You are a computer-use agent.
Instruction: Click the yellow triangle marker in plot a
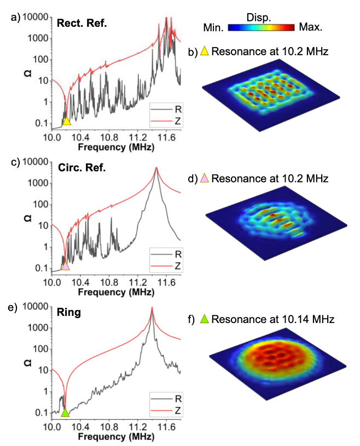(x=66, y=121)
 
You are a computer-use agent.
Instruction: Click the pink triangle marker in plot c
(x=66, y=266)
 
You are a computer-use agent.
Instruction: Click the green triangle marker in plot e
(x=65, y=413)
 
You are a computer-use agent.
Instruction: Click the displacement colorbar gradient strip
(x=262, y=26)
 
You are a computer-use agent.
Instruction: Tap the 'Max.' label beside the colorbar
(x=310, y=26)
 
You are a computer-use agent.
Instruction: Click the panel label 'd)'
(x=192, y=178)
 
